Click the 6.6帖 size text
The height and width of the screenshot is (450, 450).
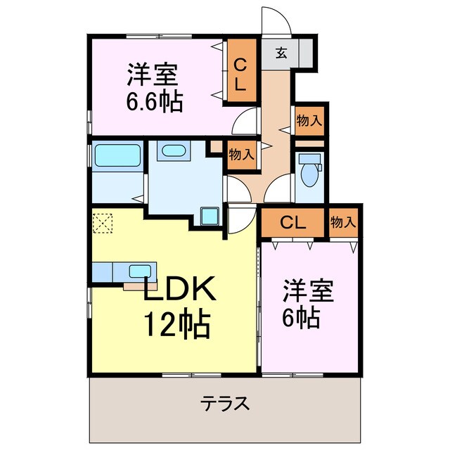click(x=155, y=102)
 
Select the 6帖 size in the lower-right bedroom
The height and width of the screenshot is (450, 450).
click(x=302, y=318)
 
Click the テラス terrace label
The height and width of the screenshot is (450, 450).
click(x=225, y=404)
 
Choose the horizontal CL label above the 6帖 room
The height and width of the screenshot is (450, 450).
click(x=292, y=224)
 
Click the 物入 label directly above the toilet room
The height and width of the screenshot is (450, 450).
click(x=309, y=120)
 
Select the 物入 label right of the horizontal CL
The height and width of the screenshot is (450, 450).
click(x=343, y=223)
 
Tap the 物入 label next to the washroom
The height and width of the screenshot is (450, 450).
click(x=241, y=154)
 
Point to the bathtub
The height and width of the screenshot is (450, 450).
click(x=117, y=155)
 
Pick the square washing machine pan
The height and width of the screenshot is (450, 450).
click(x=210, y=217)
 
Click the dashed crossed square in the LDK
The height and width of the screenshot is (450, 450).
click(x=103, y=224)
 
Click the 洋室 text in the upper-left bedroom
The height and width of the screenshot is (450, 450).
click(x=152, y=74)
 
